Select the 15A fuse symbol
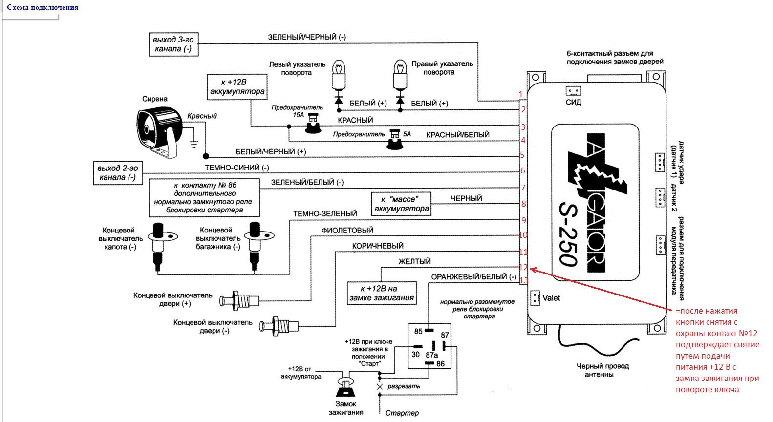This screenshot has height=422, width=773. pyautogui.click(x=312, y=126)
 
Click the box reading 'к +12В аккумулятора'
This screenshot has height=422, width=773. pyautogui.click(x=237, y=87)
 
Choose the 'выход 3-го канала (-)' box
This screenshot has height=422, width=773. pyautogui.click(x=173, y=44)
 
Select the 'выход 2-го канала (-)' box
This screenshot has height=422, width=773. pyautogui.click(x=118, y=173)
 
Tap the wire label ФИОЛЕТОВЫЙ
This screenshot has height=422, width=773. pyautogui.click(x=347, y=230)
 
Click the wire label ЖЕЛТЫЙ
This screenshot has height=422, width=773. pyautogui.click(x=414, y=262)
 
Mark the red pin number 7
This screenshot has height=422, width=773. pyautogui.click(x=523, y=188)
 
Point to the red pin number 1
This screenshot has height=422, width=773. pyautogui.click(x=521, y=94)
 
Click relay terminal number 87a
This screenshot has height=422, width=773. pyautogui.click(x=431, y=355)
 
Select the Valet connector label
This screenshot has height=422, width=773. pyautogui.click(x=551, y=298)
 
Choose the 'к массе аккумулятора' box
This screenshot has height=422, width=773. pyautogui.click(x=402, y=204)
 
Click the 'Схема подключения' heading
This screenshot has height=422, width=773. pyautogui.click(x=43, y=7)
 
